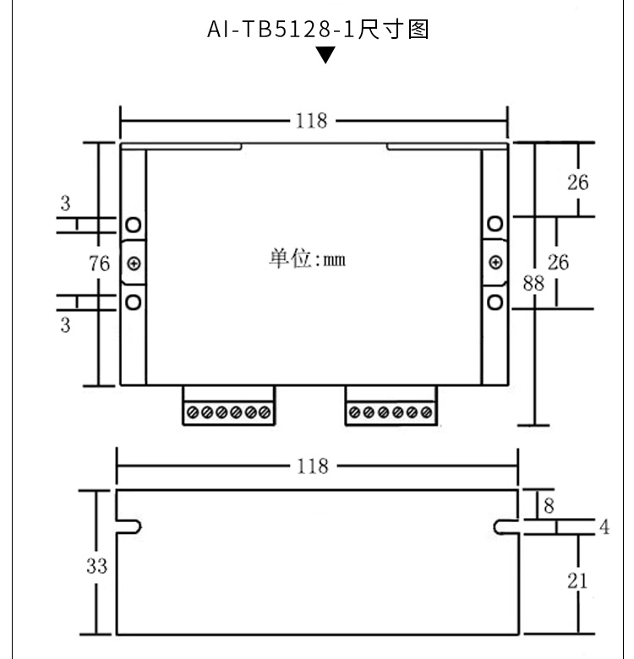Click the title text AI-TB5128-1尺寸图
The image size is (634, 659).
pyautogui.click(x=318, y=30)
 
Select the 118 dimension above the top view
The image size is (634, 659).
pyautogui.click(x=312, y=121)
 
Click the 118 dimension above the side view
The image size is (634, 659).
pyautogui.click(x=313, y=466)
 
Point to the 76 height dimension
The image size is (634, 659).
pyautogui.click(x=99, y=264)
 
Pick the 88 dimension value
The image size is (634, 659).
pyautogui.click(x=533, y=283)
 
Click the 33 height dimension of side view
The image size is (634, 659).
pyautogui.click(x=96, y=566)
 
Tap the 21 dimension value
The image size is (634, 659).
pyautogui.click(x=577, y=581)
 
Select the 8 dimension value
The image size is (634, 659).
pyautogui.click(x=549, y=505)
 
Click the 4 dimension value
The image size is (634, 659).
pyautogui.click(x=604, y=527)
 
